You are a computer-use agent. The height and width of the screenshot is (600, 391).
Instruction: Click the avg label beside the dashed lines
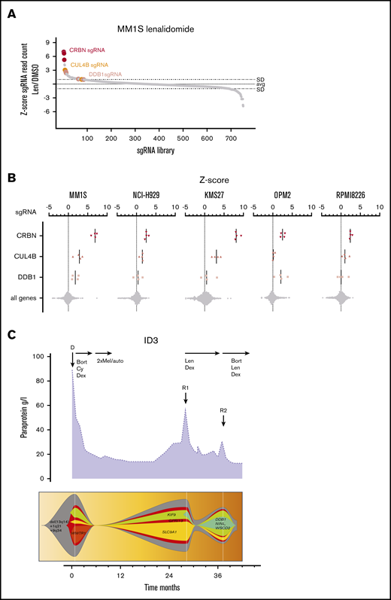[x=260, y=84]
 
